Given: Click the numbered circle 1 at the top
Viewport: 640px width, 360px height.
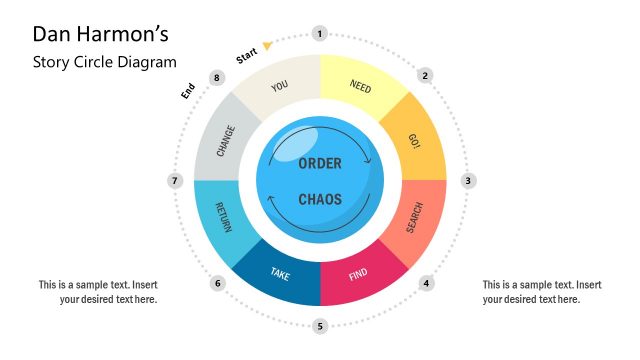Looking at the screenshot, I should point(320,34).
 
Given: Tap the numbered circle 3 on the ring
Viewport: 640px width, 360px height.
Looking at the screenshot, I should point(467,181).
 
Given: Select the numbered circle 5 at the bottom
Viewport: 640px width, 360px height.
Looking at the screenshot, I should point(320,326).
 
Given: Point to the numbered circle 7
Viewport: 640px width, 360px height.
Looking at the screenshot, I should point(174,181).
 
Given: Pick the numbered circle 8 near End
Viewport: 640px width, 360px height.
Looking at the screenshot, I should point(217,77).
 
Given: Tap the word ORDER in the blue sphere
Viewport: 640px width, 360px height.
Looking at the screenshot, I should point(320,163).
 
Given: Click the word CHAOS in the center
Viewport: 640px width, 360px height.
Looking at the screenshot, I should point(320,199).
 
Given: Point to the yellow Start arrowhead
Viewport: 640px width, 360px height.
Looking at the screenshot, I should point(267,45).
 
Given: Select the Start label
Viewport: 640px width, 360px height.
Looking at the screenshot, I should point(246,56).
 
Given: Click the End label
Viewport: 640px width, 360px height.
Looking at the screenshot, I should point(187,91).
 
